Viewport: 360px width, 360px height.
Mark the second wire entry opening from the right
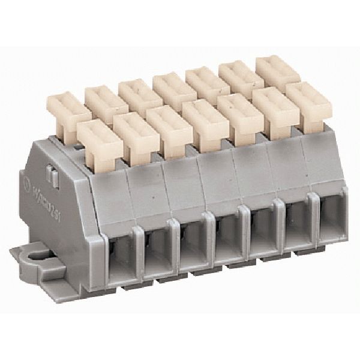296,223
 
